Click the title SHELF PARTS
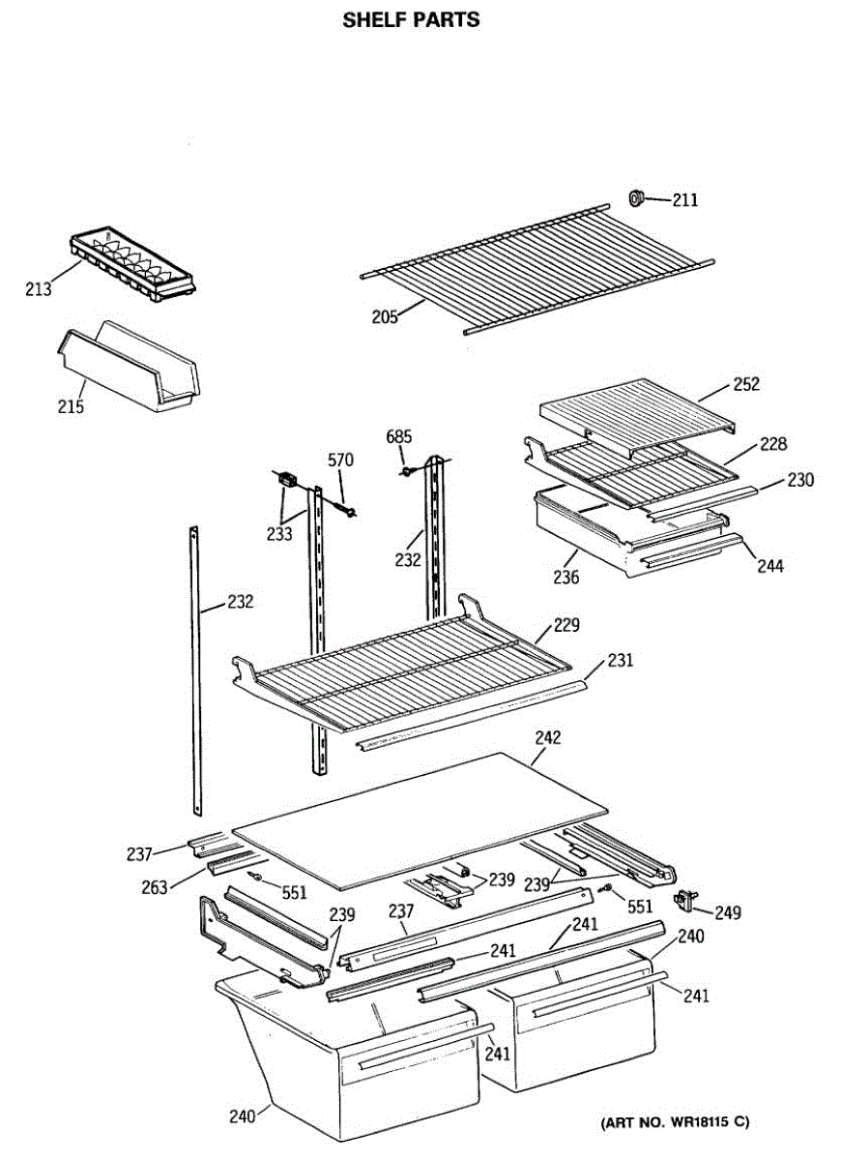click(411, 19)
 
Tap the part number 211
click(685, 201)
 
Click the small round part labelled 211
click(637, 198)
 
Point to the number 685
click(399, 437)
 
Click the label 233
click(279, 533)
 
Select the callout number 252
click(745, 384)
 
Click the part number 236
click(566, 578)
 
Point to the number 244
click(769, 566)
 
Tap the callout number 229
click(566, 626)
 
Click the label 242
click(547, 738)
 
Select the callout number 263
click(155, 886)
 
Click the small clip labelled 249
click(688, 901)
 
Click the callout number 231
click(621, 662)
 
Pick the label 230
click(799, 480)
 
